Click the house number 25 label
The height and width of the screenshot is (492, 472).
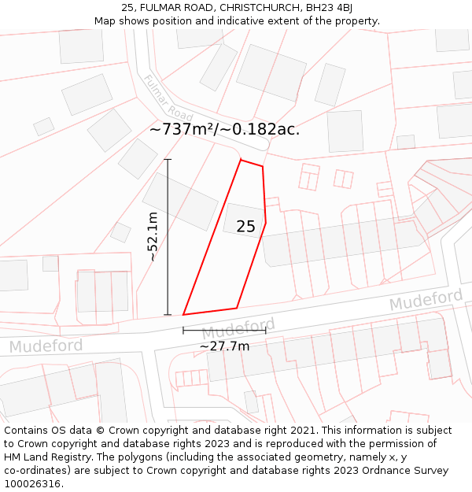point(245,227)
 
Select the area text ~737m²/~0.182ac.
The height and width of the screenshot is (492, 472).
point(224,129)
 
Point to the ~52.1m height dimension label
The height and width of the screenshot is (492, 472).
point(153,237)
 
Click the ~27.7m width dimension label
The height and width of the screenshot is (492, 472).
point(224,346)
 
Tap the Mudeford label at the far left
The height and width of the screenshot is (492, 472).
point(46,346)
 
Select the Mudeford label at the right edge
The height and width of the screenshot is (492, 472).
point(426,300)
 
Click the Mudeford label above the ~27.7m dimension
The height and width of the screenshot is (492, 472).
point(238,327)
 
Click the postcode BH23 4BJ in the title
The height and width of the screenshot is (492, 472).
point(326,8)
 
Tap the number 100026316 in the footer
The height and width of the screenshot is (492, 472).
point(35,484)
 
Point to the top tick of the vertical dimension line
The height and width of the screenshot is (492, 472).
point(168,160)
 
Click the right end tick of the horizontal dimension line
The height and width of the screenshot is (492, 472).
point(265,331)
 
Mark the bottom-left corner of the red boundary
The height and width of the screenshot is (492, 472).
point(183,315)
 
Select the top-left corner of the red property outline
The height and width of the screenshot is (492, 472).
point(241,160)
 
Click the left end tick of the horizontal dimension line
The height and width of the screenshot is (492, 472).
point(183,331)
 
